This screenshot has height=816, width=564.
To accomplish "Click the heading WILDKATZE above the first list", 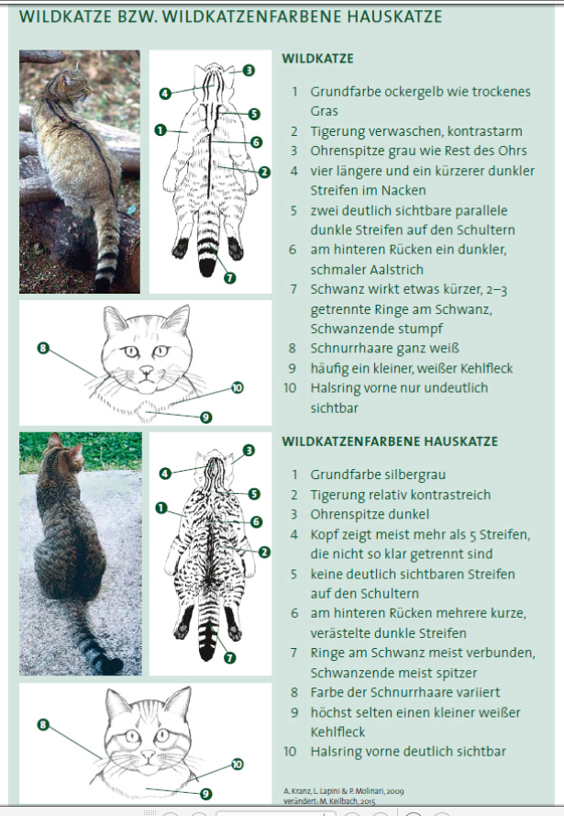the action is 317,59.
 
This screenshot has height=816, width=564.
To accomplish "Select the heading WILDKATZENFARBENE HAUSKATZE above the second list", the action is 390,442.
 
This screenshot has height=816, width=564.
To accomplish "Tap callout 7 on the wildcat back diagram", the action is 230,278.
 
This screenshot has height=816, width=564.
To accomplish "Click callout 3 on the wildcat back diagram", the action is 249,71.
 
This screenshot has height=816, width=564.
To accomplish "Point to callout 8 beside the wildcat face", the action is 43,348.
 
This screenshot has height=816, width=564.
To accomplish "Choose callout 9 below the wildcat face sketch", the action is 205,417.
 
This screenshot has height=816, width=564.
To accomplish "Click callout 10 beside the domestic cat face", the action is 237,764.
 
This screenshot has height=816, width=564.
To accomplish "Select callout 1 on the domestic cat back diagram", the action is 161,508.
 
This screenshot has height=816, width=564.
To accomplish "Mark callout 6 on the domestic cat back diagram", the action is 256,521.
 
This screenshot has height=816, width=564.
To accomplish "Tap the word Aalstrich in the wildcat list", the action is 393,270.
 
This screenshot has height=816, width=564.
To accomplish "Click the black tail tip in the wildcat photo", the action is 103,285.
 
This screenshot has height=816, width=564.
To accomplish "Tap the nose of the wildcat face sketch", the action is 147,370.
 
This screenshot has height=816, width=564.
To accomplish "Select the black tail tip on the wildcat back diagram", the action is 207,266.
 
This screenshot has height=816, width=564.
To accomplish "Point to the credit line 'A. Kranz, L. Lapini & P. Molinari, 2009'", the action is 344,791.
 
